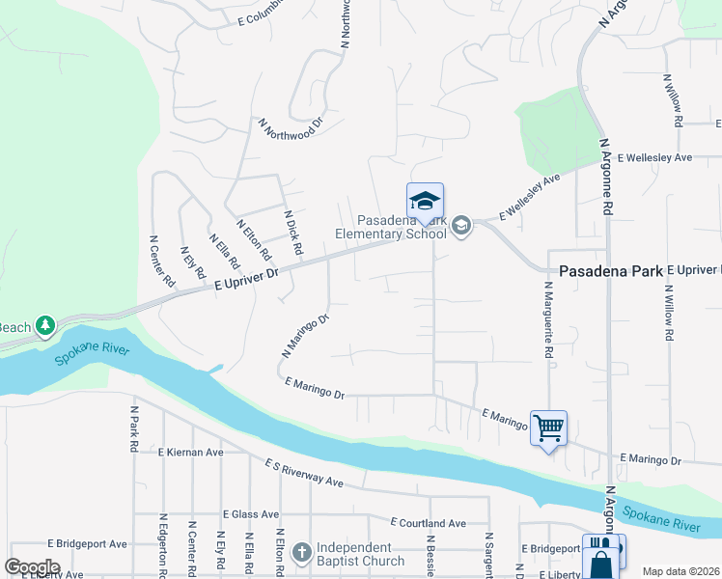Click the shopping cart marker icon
click(x=548, y=427)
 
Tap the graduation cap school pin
click(x=425, y=201)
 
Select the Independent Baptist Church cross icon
click(x=301, y=552)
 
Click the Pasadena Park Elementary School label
click(x=390, y=227)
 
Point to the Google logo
click(x=32, y=567)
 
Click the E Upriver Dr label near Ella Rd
click(x=245, y=280)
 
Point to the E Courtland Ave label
click(x=429, y=522)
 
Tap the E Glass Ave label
click(x=249, y=514)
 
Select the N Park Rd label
click(x=133, y=428)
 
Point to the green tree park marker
click(x=44, y=326)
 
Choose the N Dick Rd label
click(x=293, y=233)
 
